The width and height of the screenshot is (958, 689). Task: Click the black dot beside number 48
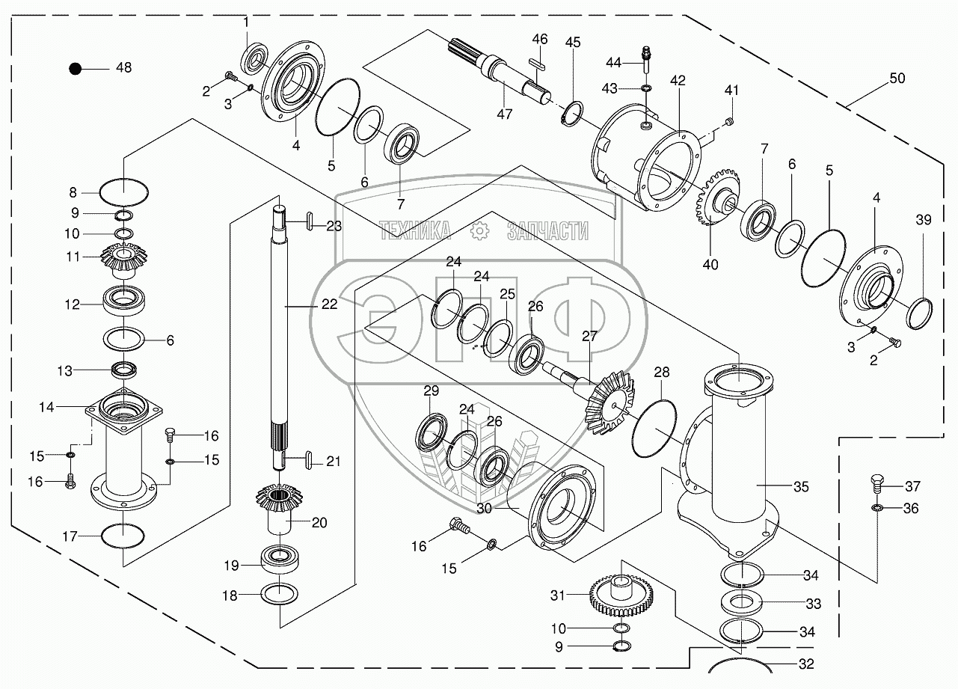(x=75, y=68)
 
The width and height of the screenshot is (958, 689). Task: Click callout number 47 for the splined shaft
(x=505, y=113)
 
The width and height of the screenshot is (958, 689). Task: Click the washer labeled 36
(x=876, y=509)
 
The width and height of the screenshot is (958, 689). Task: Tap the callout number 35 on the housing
(x=801, y=488)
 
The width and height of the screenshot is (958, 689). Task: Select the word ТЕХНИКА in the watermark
(x=414, y=231)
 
